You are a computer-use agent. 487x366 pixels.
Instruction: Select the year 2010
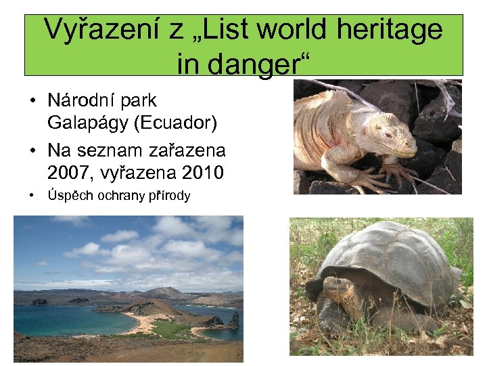[x=201, y=171]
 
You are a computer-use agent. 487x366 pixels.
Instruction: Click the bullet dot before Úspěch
[x=32, y=197]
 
